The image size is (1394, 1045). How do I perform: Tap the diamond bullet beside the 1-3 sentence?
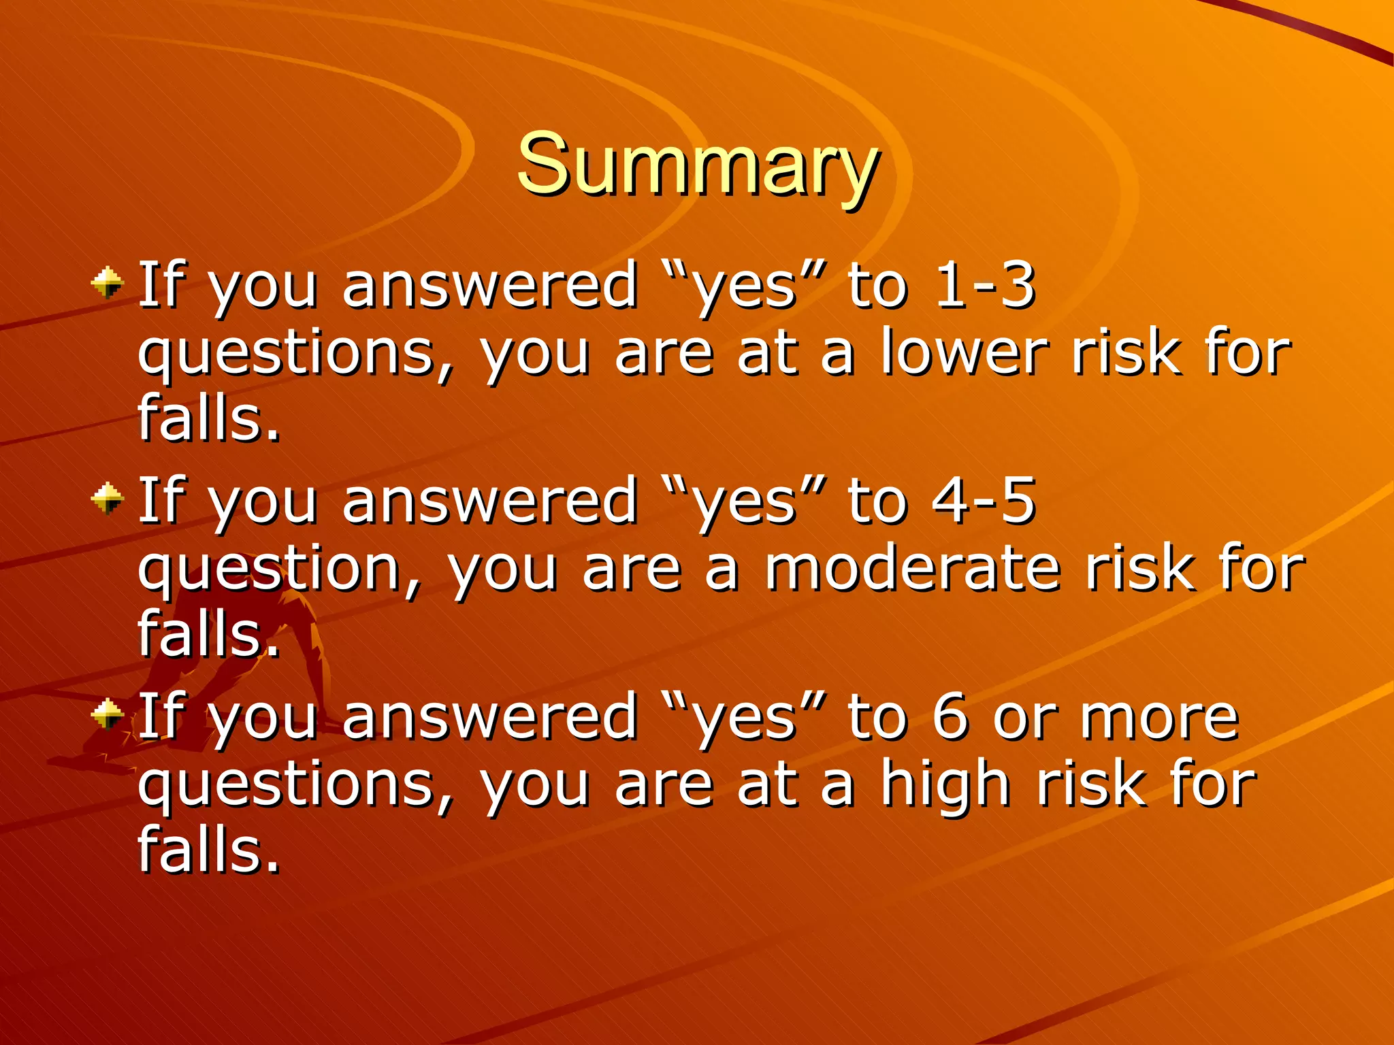pos(108,282)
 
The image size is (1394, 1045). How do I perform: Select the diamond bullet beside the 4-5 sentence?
pos(108,499)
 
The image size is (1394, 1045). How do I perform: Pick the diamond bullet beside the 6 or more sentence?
pos(108,714)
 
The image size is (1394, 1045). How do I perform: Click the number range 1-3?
pos(985,285)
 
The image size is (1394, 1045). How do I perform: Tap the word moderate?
pos(912,569)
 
